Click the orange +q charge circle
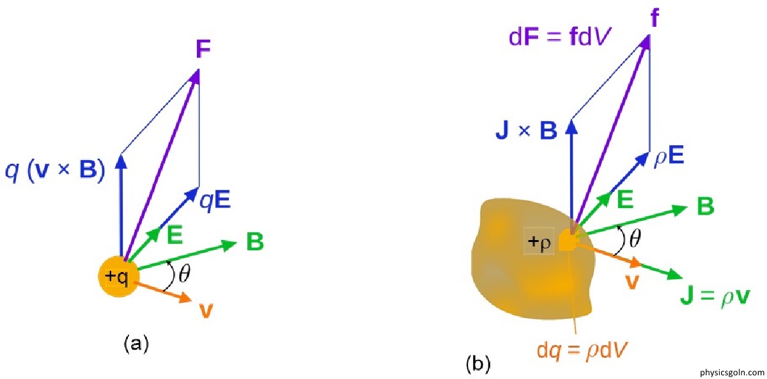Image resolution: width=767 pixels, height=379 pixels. tap(119, 277)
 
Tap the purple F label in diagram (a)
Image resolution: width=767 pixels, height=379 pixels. tap(203, 49)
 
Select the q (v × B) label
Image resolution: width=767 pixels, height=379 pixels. tap(55, 170)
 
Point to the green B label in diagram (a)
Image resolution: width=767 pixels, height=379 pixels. tap(255, 241)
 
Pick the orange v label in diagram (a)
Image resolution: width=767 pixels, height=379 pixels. tap(206, 311)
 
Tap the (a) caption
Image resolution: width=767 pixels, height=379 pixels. tap(136, 343)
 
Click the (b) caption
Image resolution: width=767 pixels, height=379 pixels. tap(478, 364)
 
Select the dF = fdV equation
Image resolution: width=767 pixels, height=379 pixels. tap(560, 37)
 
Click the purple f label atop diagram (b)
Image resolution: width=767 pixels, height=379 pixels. tap(655, 18)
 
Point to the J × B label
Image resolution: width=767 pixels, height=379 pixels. tap(526, 131)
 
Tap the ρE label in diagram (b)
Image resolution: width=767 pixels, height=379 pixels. tap(669, 156)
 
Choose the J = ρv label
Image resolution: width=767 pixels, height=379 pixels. tap(715, 297)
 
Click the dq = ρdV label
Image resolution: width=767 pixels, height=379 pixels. tap(582, 351)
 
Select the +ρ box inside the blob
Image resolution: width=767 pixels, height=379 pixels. tap(539, 241)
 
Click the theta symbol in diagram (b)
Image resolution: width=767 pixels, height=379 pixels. tap(635, 238)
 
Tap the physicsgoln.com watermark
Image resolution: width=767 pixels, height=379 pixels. tap(732, 373)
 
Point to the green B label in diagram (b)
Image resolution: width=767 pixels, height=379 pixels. tap(706, 206)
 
